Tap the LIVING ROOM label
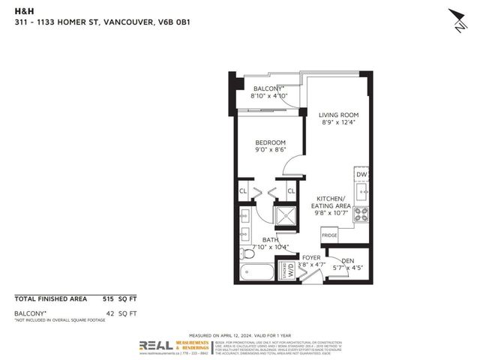pos(334,115)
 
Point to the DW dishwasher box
pos(361,175)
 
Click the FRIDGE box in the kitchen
pos(329,235)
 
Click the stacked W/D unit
pos(287,269)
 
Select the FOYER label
pos(311,257)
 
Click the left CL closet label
pos(243,191)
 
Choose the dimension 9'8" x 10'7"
pos(333,212)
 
